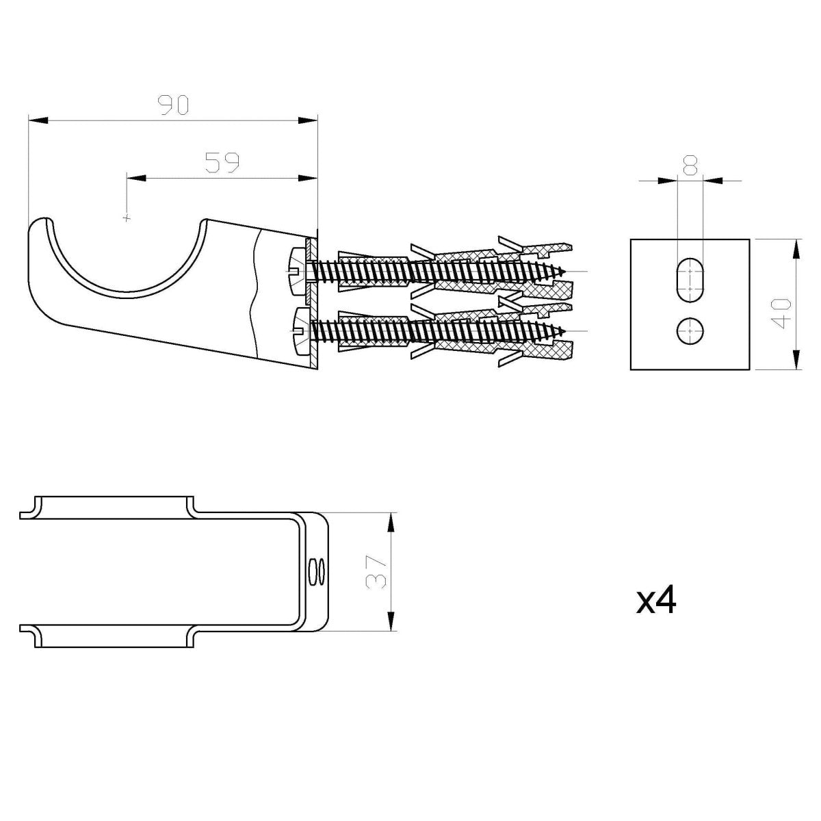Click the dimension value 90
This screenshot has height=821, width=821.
(172, 105)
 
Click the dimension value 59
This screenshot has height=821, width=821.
(222, 162)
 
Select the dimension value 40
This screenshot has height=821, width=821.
(784, 313)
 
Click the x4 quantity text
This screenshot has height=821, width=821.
(656, 600)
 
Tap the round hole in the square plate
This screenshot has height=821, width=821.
(690, 331)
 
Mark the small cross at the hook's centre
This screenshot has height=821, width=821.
(126, 218)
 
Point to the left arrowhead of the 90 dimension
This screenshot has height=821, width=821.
(38, 121)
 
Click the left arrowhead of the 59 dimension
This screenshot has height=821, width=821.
(137, 179)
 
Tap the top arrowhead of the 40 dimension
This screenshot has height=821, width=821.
(796, 248)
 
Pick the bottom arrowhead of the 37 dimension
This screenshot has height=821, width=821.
(391, 621)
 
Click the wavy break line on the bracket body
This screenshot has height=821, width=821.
(256, 294)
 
